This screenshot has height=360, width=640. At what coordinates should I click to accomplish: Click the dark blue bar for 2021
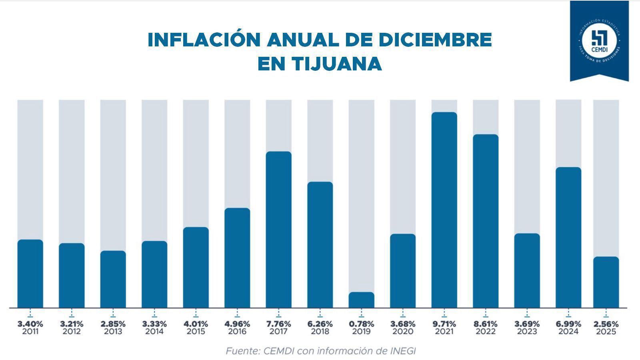coord(444,210)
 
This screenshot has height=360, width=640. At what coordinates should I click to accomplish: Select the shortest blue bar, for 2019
coord(361,300)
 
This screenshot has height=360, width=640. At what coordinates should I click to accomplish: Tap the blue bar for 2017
coord(278,230)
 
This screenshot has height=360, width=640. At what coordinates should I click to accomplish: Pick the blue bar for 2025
coord(606,282)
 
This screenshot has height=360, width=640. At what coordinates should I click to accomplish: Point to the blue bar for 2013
coord(113,279)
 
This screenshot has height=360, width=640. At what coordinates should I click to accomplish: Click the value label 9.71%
coord(444,324)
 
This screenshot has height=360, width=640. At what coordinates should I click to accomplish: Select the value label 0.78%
coord(361,324)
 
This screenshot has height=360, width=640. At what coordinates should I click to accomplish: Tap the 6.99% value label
coord(568,324)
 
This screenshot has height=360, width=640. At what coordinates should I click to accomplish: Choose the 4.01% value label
coord(196,324)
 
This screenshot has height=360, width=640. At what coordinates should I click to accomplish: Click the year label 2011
coord(30,332)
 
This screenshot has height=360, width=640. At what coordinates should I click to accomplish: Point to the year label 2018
coord(320,332)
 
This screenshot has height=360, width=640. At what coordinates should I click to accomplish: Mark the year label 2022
coord(485,332)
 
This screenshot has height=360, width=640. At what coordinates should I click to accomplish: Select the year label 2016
coord(237,332)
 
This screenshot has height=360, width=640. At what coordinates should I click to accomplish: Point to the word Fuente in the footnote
coord(242,351)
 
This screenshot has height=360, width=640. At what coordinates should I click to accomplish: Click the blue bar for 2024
coord(568,238)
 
